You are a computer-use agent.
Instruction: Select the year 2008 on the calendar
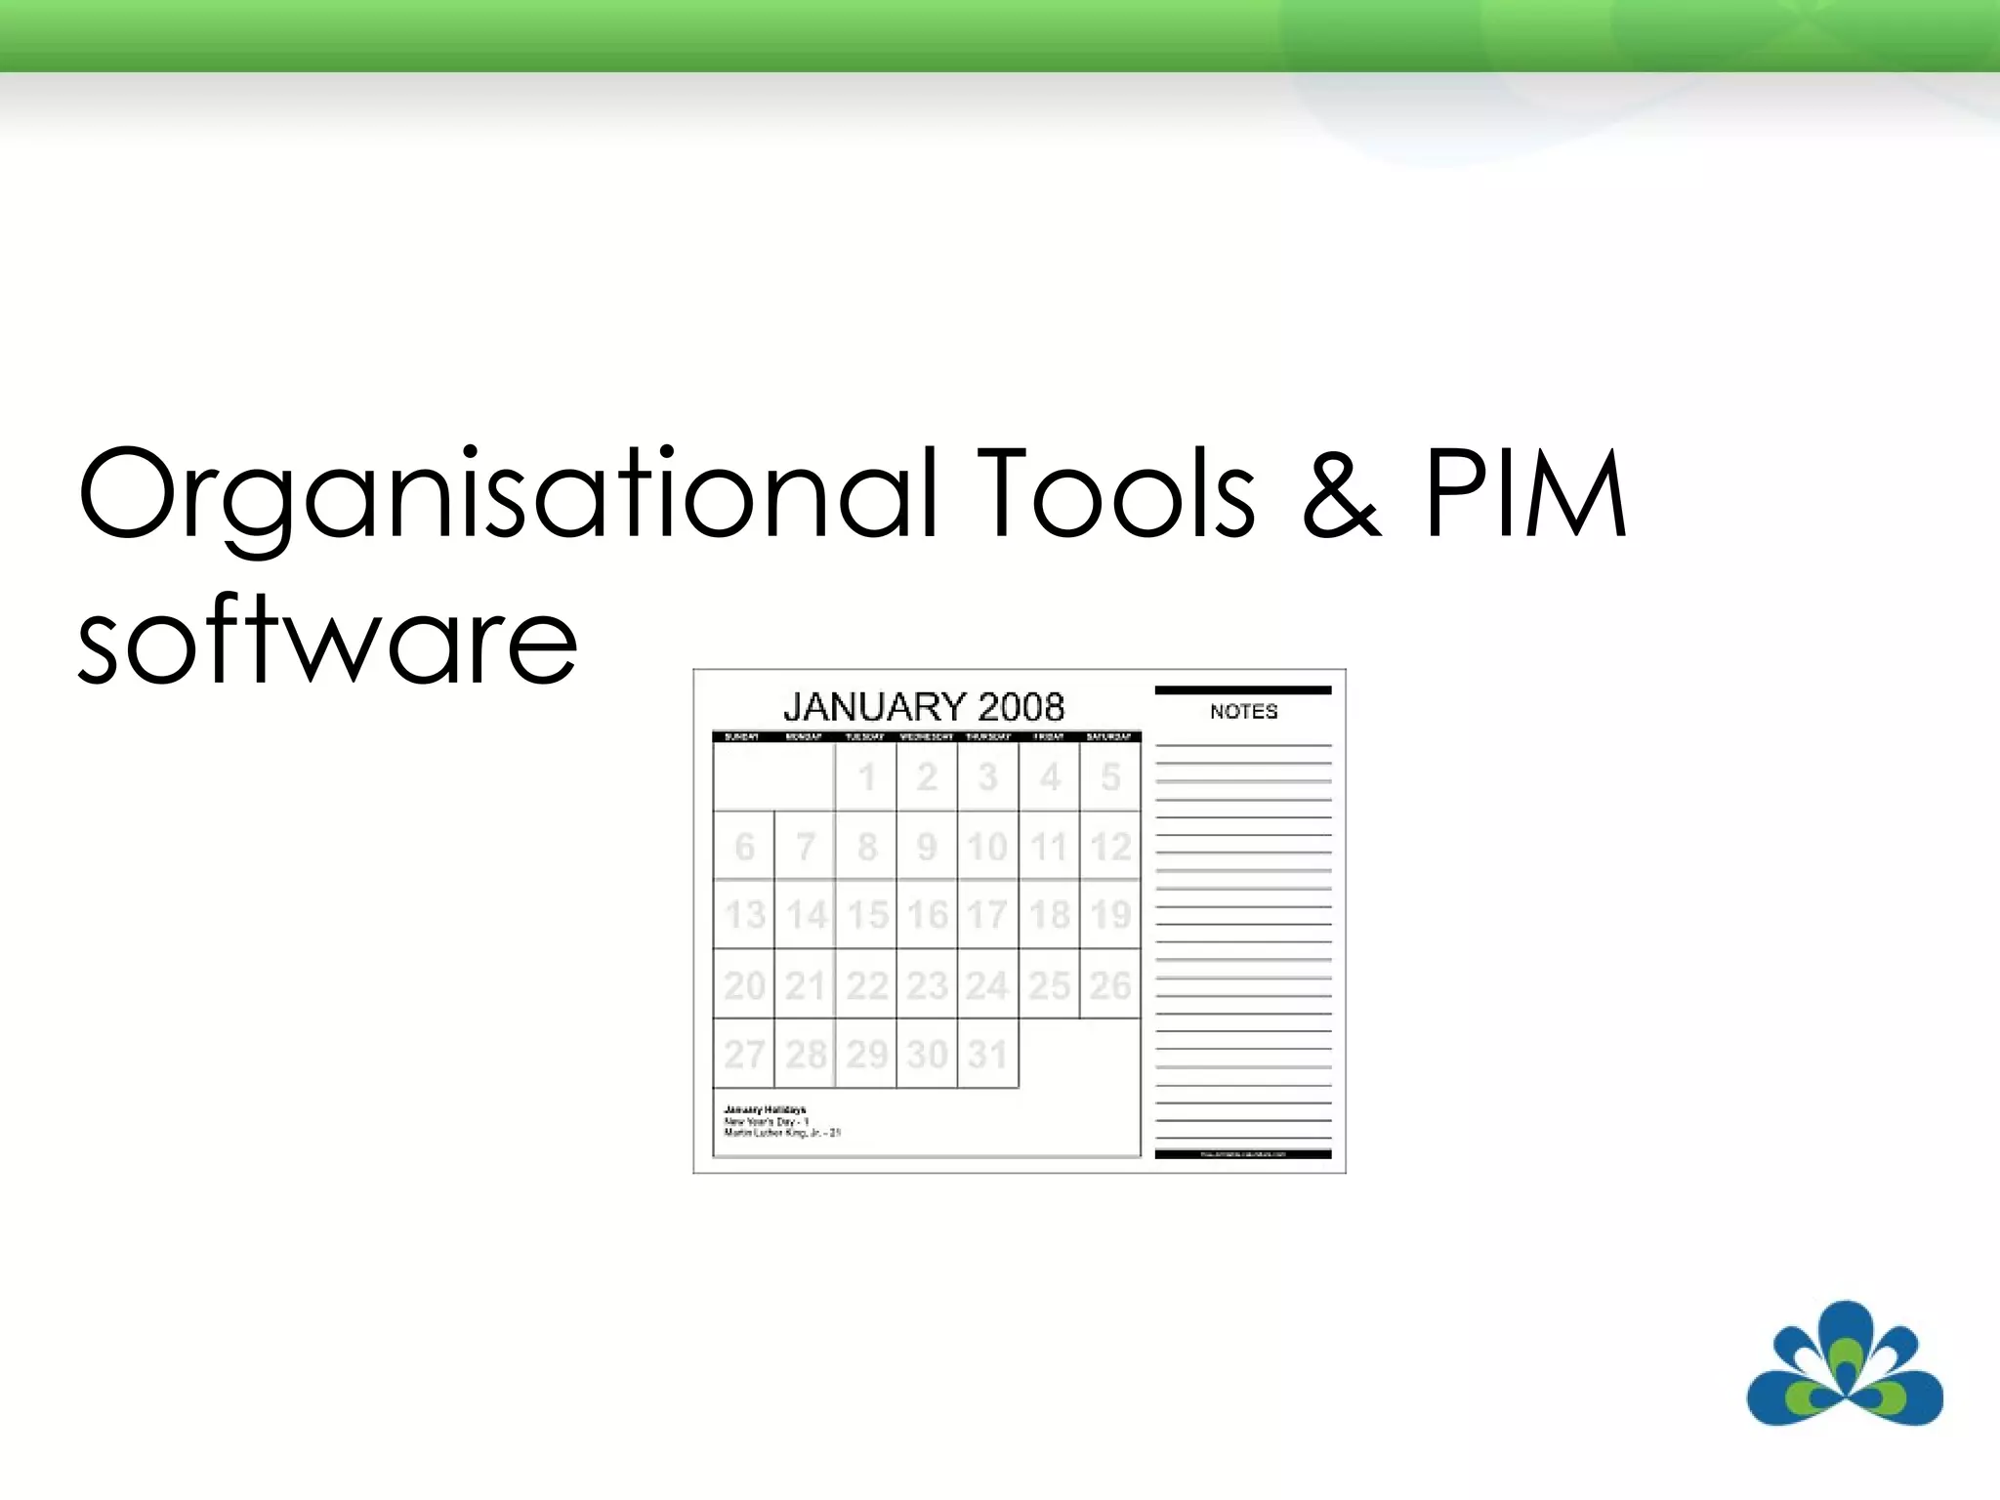[1021, 706]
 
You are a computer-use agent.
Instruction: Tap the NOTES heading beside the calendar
[1243, 712]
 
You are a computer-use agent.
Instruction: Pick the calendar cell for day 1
[866, 777]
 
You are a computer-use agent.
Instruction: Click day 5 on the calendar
[1110, 777]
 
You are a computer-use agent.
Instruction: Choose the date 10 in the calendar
[987, 847]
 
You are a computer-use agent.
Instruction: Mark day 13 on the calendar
[744, 915]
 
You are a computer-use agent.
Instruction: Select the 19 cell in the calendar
[1110, 915]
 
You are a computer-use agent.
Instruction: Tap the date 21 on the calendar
[805, 985]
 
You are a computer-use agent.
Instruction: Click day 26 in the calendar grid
[1110, 985]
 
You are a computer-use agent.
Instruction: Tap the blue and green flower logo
[1844, 1365]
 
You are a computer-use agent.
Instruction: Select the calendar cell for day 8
[866, 847]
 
